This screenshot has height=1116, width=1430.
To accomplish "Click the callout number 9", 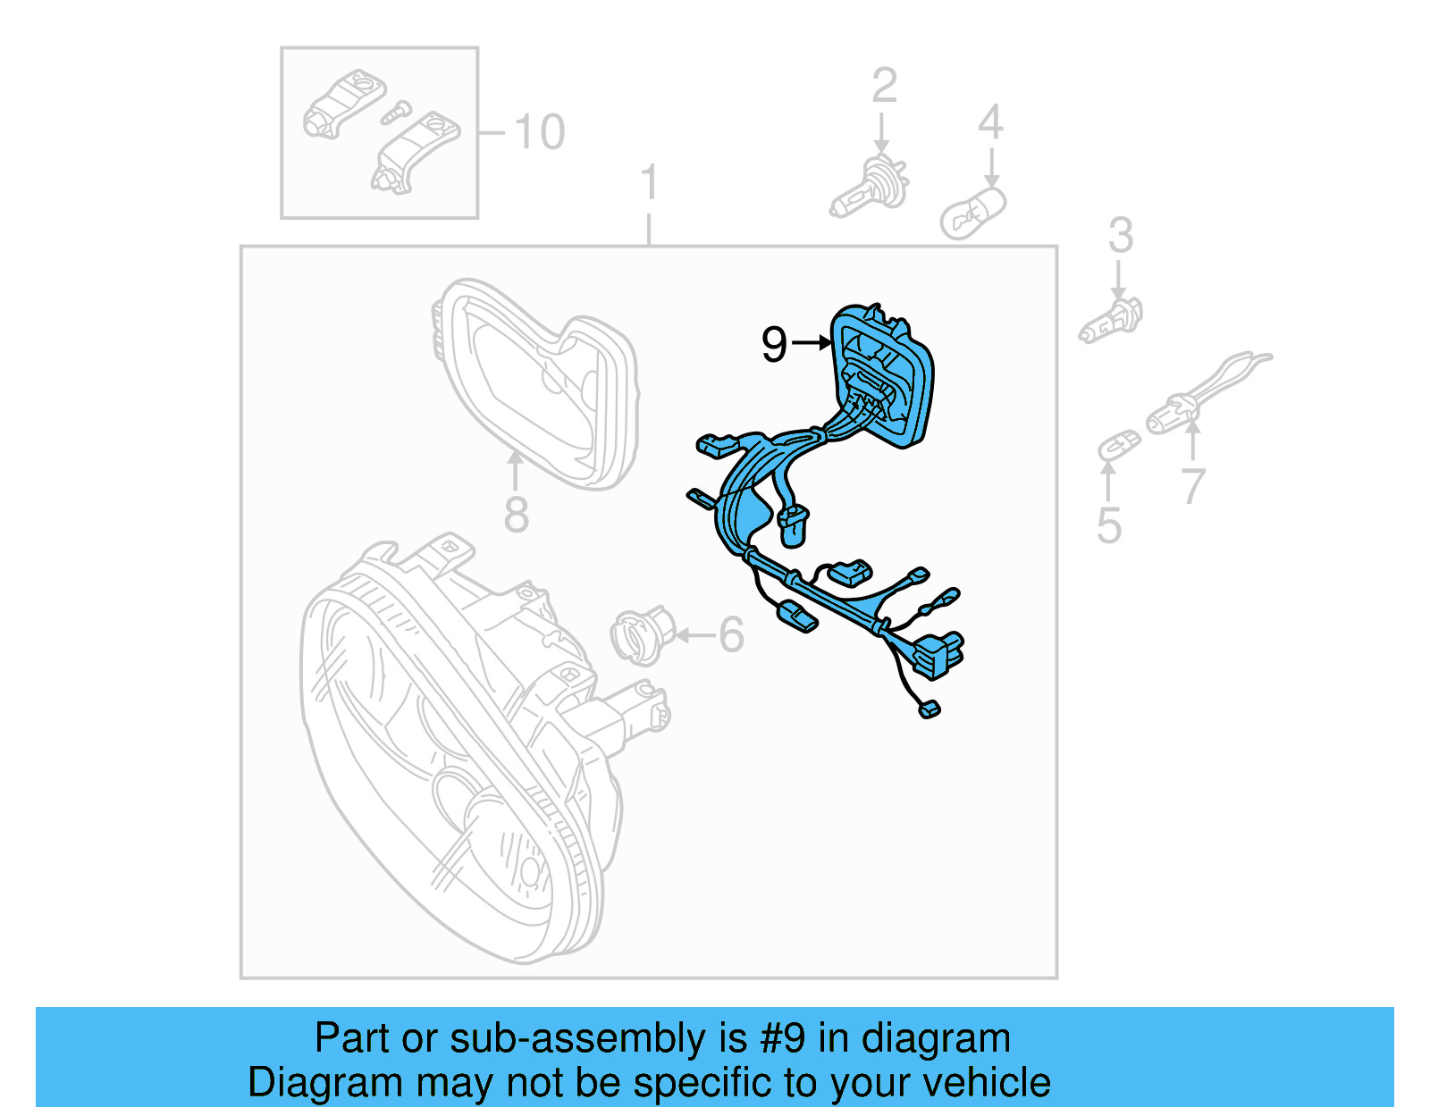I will [774, 344].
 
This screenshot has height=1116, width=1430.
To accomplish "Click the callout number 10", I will [539, 132].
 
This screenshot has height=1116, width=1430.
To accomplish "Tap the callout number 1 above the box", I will [649, 183].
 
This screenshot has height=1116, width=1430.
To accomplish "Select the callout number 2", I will [884, 86].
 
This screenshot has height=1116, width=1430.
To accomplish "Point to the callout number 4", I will [990, 122].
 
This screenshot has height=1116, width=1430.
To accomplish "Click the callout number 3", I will [1120, 236].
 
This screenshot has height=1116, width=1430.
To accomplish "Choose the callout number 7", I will [1192, 487].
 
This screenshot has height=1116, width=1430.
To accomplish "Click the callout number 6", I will [731, 635].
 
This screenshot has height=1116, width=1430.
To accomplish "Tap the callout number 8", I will [516, 516].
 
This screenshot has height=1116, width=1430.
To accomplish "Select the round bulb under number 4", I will [972, 213].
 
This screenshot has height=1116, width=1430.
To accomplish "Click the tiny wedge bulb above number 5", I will [1119, 444].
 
